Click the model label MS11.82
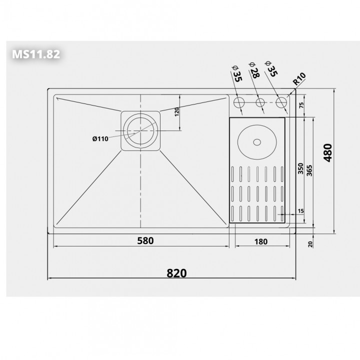(36, 54)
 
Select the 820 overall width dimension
(176, 273)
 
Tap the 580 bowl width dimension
(145, 240)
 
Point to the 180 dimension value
(261, 241)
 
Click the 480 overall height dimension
(327, 153)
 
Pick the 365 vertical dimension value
(309, 170)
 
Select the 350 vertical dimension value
(300, 168)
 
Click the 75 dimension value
(301, 105)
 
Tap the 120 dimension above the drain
(176, 112)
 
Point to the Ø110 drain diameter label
(100, 139)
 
